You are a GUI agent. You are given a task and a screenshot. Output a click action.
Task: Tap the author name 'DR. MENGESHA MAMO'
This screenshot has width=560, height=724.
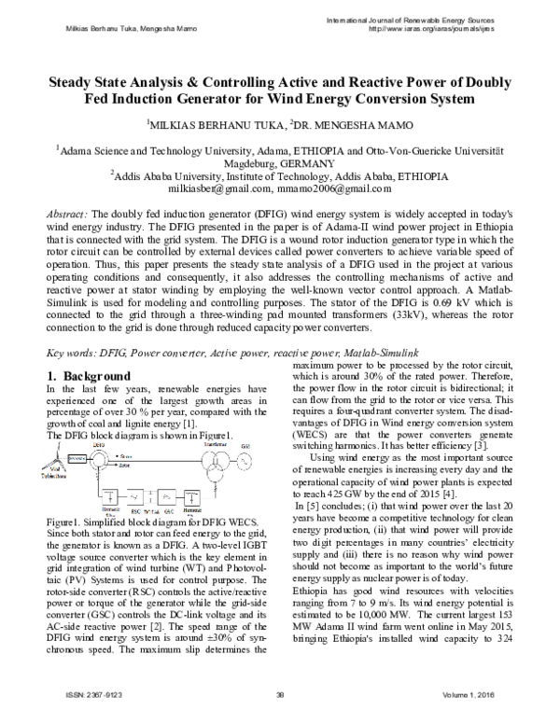click(370, 123)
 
